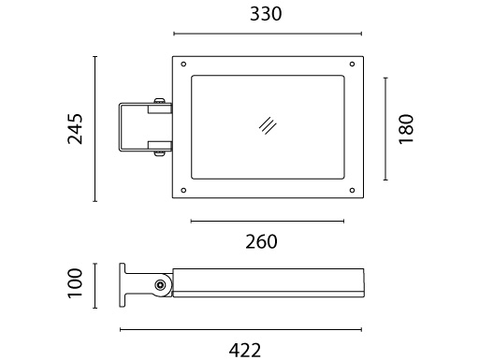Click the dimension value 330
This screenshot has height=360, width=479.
pos(266,14)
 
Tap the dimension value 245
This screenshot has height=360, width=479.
pos(76,129)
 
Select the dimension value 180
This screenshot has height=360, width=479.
pos(406,129)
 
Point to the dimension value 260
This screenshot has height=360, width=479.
pos(261,242)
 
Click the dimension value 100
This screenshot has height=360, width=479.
pos(75,283)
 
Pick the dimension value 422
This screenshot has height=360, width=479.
pos(245,351)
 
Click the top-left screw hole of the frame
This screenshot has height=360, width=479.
pos(183,65)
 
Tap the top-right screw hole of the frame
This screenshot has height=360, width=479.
pos(352,65)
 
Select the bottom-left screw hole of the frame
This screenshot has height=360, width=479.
pos(183,190)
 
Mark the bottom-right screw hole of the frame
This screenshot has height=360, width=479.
pos(352,190)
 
